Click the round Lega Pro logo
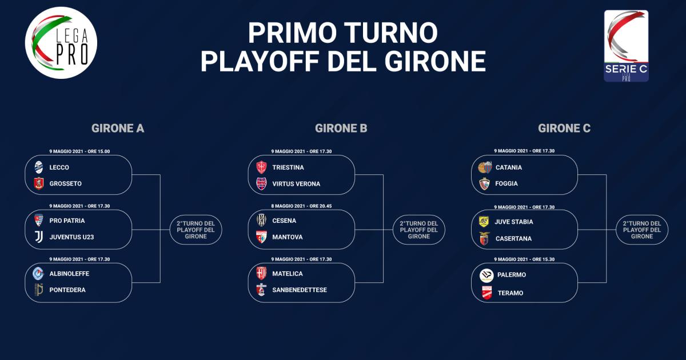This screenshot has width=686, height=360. pos(61,43)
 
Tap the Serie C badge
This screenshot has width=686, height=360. pos(626,46)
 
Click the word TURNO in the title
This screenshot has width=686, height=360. pos(391,33)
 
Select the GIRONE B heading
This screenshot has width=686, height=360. pos(341,128)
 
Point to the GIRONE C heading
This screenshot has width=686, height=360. pos(564,128)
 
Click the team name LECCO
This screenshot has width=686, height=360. pos(59,167)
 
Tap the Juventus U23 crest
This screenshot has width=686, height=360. pos(39,237)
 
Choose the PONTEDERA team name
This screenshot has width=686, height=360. pos(67,290)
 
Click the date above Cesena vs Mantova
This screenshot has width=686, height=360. pos(301,206)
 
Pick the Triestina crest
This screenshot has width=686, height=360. pos(261,167)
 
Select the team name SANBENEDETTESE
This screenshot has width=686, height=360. pos(300,290)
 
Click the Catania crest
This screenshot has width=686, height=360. pos(485,167)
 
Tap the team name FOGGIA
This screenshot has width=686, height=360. pos(506,183)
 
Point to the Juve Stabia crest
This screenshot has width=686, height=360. pos(484,221)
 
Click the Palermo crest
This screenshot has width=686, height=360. pos(486,275)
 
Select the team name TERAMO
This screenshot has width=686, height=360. pos(510,293)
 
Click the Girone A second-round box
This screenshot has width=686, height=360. pos(196,230)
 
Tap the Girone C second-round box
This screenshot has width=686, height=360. pos(642,230)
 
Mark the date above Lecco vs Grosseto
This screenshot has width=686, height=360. pos(79,151)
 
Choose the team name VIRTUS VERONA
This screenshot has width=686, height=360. pos(296,184)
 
